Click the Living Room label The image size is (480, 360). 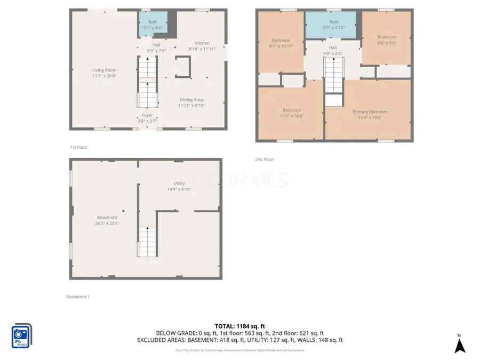click(104, 70)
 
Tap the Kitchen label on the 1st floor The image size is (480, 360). click(202, 43)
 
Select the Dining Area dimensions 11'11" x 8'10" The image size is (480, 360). click(191, 106)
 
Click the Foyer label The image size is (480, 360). click(147, 115)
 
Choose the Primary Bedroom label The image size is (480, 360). click(370, 111)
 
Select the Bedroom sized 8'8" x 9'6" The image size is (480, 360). click(387, 41)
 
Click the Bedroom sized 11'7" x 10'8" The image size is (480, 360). click(292, 113)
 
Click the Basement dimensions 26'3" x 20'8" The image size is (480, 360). click(107, 223)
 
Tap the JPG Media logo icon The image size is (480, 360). click(22, 336)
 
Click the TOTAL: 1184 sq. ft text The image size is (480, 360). click(239, 326)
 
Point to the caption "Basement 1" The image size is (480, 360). click(78, 297)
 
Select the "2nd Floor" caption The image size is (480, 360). click(265, 159)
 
